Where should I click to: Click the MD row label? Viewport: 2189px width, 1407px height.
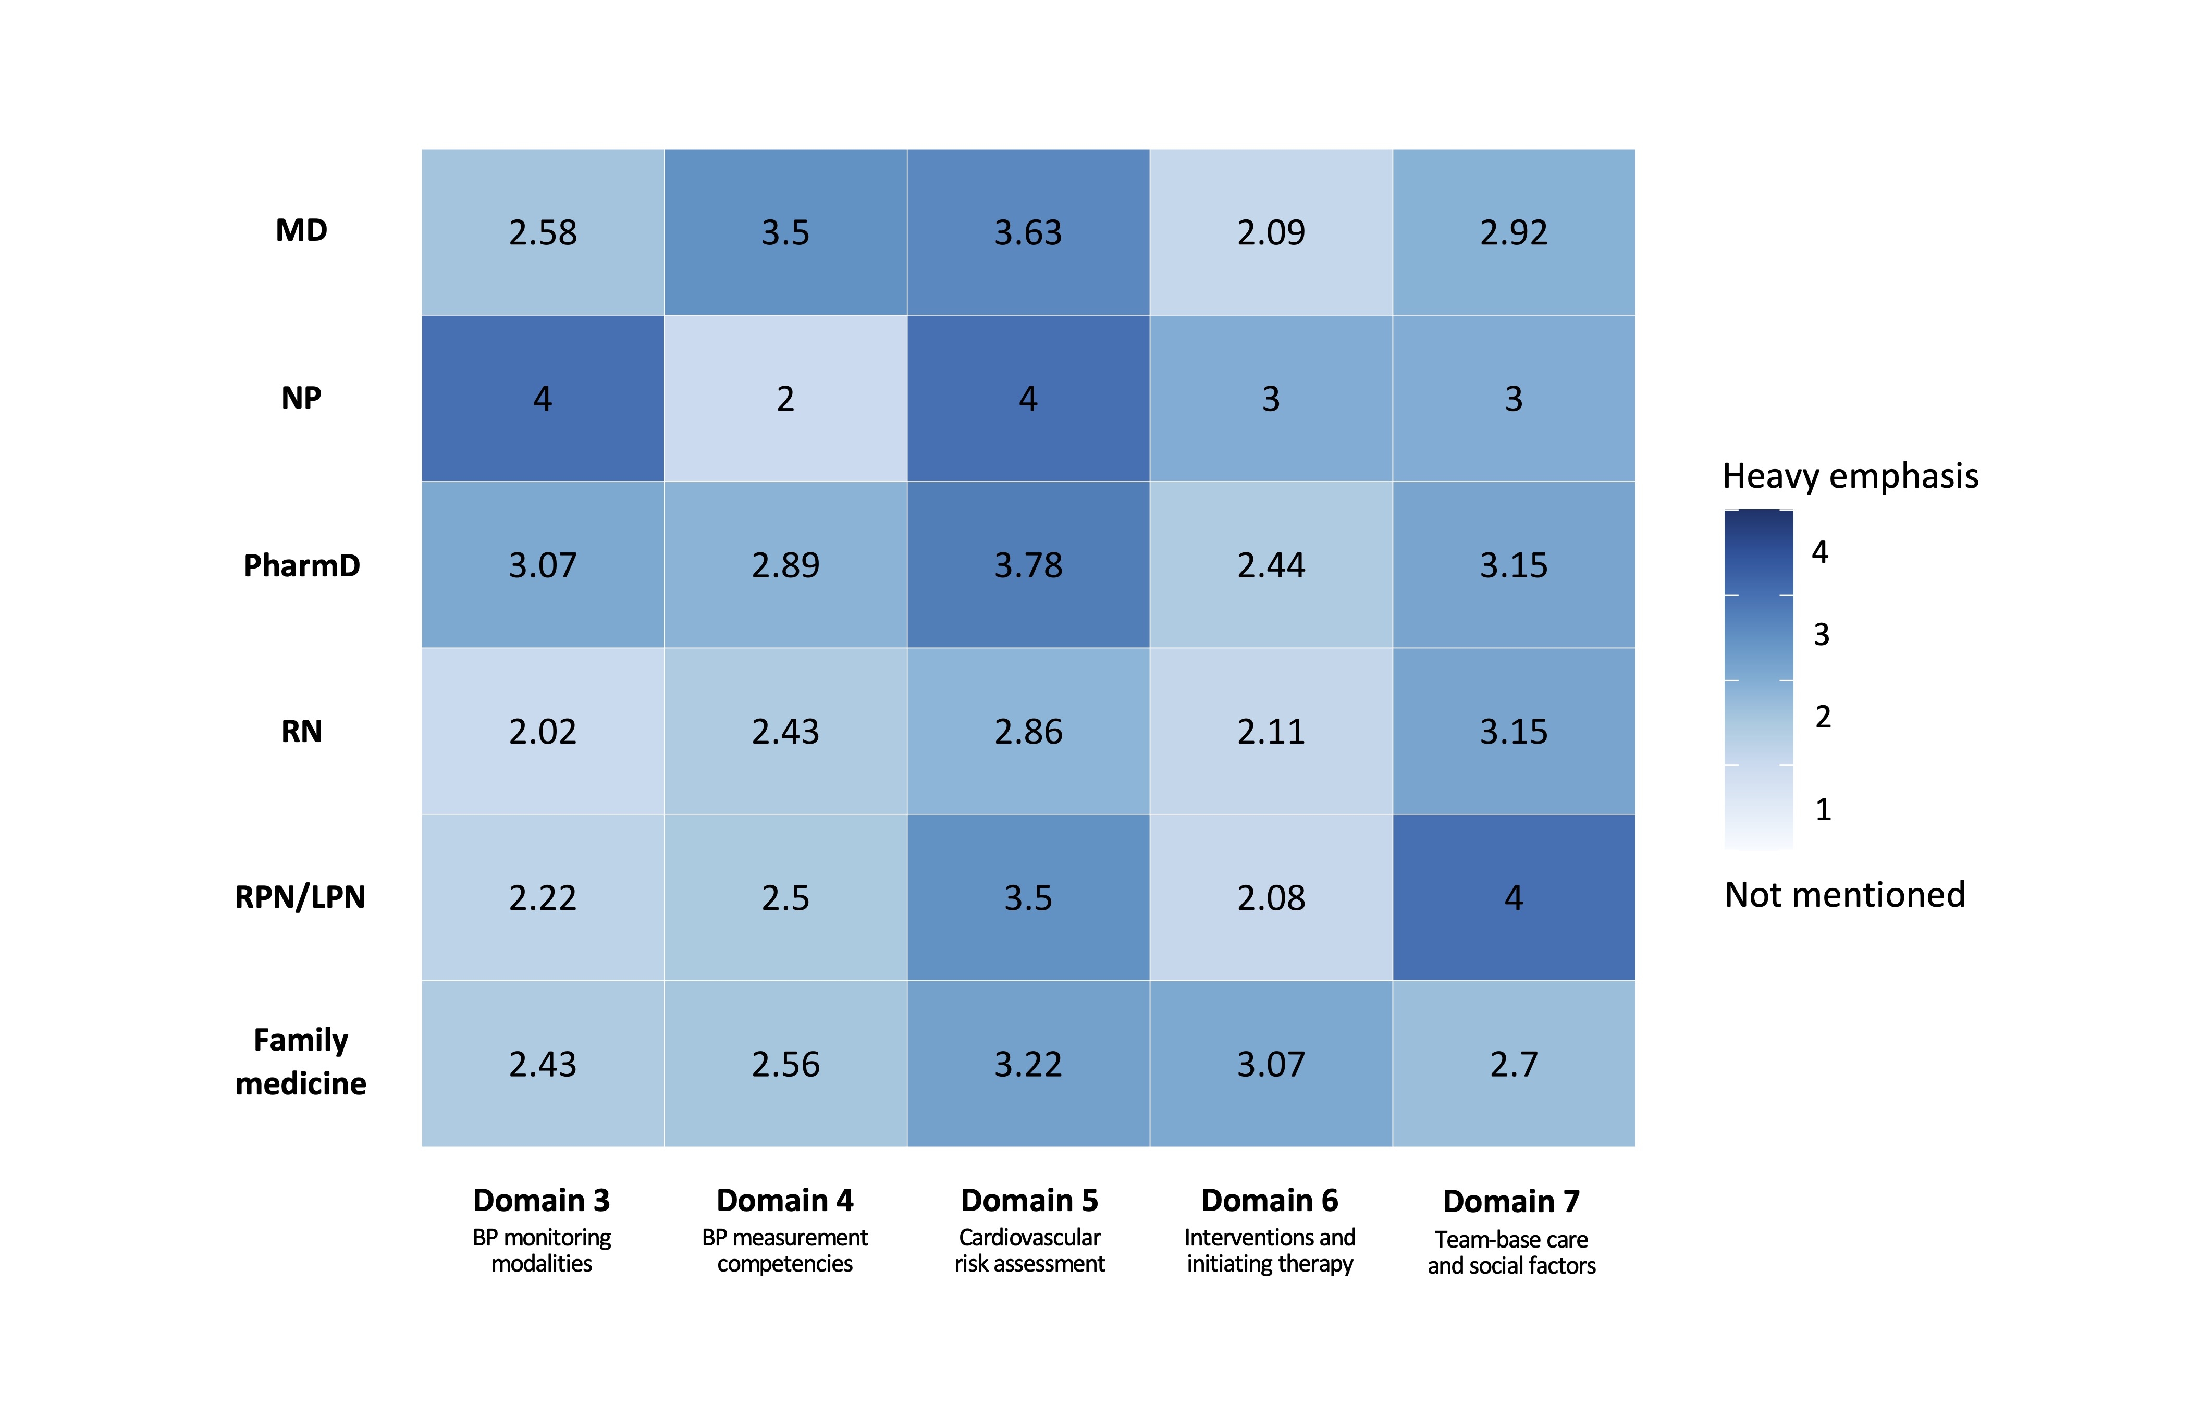point(301,230)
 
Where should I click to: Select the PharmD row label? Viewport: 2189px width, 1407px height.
point(301,565)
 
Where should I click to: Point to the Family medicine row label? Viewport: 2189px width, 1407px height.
point(301,1062)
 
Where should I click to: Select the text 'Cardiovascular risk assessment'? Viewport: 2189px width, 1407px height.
point(1030,1251)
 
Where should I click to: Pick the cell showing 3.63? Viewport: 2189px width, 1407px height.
point(1028,232)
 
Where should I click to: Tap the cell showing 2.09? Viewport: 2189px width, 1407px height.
point(1271,232)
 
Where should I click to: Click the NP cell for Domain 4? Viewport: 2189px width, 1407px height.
point(785,398)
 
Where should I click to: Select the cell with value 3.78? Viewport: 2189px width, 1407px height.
point(1028,565)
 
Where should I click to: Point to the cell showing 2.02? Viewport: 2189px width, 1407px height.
point(543,732)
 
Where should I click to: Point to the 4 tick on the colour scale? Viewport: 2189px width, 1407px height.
point(1820,552)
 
